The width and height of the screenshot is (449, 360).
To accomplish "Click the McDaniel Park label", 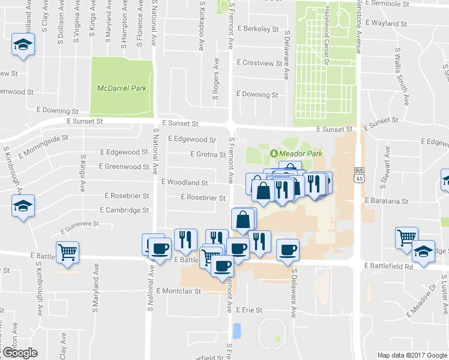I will pyautogui.click(x=122, y=88).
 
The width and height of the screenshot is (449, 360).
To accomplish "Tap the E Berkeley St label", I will pyautogui.click(x=258, y=29).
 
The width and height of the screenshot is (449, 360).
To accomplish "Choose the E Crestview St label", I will pyautogui.click(x=259, y=63).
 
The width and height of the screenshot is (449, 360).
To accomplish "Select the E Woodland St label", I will pyautogui.click(x=184, y=182).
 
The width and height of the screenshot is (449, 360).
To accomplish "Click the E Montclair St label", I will pyautogui.click(x=178, y=290).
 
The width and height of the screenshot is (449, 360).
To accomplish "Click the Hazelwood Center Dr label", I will pyautogui.click(x=327, y=36).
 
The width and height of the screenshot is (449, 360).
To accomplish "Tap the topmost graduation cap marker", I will pyautogui.click(x=23, y=46).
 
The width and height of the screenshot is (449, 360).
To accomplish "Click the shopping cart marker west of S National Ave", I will pyautogui.click(x=67, y=252).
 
